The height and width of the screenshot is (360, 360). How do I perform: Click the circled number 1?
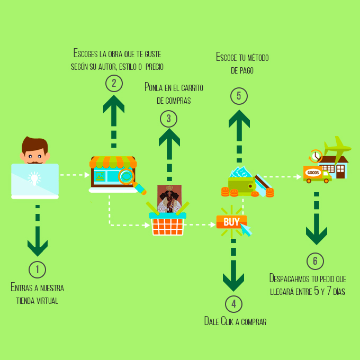[x=37, y=269]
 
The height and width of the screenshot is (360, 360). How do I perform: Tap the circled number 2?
[x=114, y=83]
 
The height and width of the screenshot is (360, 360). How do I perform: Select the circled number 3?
[x=169, y=118]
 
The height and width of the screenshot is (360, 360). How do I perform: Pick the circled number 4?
[x=233, y=304]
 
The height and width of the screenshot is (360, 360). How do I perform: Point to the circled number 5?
[x=239, y=96]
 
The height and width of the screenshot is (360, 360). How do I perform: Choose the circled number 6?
[x=316, y=261]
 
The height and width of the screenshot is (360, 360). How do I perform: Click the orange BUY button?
[x=231, y=222]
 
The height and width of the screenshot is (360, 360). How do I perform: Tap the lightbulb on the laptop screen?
[x=35, y=178]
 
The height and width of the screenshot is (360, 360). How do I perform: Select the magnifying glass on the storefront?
[x=127, y=175]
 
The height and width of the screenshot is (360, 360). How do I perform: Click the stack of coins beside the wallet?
[x=269, y=192]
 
